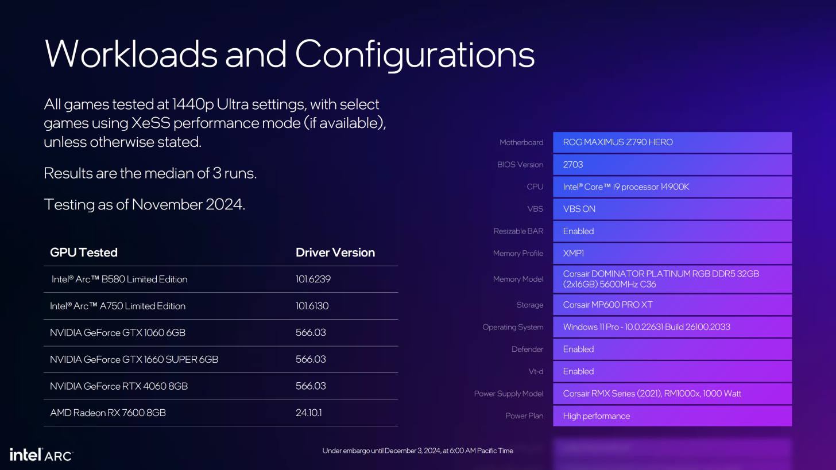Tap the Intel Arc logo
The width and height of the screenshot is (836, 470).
coord(41,455)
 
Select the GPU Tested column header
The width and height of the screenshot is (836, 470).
coord(84,253)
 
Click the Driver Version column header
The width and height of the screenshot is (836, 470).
coord(335,253)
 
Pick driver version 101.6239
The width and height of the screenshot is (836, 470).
coord(313,279)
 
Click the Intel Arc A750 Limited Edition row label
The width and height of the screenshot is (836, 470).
coord(118,306)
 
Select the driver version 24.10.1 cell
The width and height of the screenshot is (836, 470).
coord(309,413)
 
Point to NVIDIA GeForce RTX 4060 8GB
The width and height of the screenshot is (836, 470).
coord(119,386)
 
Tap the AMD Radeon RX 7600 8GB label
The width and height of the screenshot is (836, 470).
coord(108,413)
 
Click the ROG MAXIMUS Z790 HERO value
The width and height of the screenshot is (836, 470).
coord(618,142)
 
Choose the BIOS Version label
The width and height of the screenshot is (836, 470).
coord(520,165)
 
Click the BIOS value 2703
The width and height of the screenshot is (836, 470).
coord(573,165)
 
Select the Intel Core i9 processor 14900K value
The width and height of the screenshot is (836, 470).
coord(626,187)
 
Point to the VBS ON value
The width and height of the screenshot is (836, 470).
coord(579,209)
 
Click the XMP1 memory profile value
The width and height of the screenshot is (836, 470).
coord(573,253)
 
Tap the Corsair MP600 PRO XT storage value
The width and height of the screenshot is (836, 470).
coord(607,305)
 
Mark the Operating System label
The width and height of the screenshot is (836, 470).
coord(512,327)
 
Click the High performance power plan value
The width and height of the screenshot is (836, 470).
coord(597,416)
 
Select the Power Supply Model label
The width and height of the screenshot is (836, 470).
coord(508,394)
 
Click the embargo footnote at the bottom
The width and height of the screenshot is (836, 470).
coord(417,450)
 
